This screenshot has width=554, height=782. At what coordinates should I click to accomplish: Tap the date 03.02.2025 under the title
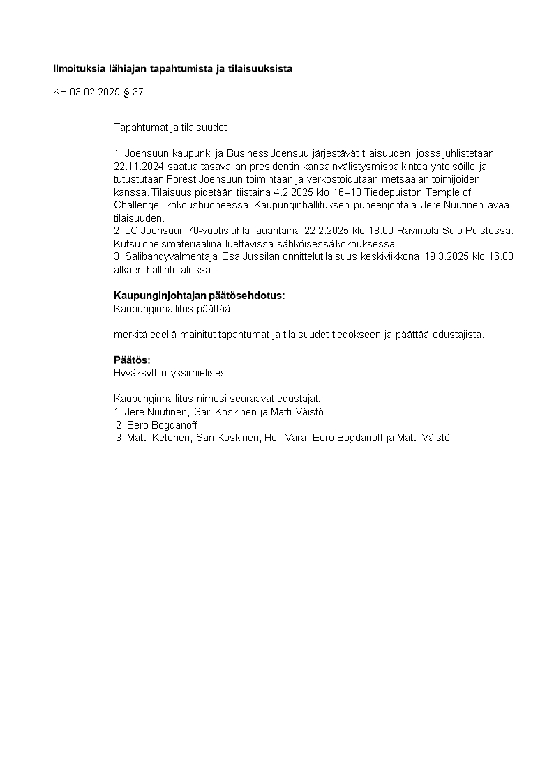(95, 92)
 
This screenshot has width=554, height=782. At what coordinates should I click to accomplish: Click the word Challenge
(136, 205)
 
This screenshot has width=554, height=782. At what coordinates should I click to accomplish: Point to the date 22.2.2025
(327, 231)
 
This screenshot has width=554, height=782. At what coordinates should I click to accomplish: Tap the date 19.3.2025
(447, 256)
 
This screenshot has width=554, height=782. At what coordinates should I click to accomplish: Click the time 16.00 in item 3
(502, 256)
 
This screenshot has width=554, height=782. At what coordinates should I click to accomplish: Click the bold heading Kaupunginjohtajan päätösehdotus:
(199, 296)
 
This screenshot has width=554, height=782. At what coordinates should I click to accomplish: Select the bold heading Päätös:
(132, 360)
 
